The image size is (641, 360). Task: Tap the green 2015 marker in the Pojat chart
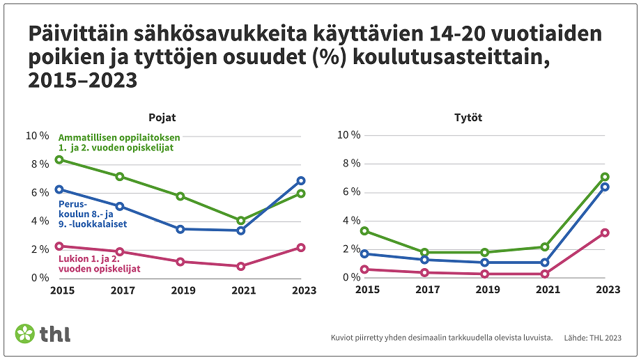pyautogui.click(x=59, y=160)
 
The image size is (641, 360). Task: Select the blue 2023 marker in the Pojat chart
pyautogui.click(x=301, y=181)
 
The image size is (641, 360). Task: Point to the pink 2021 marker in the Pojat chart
pyautogui.click(x=240, y=266)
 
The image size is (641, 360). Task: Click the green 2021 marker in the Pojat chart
pyautogui.click(x=240, y=221)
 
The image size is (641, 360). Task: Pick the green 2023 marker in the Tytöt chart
pyautogui.click(x=605, y=177)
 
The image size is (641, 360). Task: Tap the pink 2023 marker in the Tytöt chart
pyautogui.click(x=605, y=233)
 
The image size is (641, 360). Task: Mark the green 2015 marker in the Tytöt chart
pyautogui.click(x=363, y=231)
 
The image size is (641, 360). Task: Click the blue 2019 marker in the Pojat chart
pyautogui.click(x=180, y=229)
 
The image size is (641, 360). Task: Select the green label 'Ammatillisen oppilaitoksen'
pyautogui.click(x=119, y=137)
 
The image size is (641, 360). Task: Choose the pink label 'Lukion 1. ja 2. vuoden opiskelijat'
pyautogui.click(x=99, y=264)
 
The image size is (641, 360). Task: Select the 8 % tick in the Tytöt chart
pyautogui.click(x=350, y=164)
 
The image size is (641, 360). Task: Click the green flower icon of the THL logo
pyautogui.click(x=24, y=334)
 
